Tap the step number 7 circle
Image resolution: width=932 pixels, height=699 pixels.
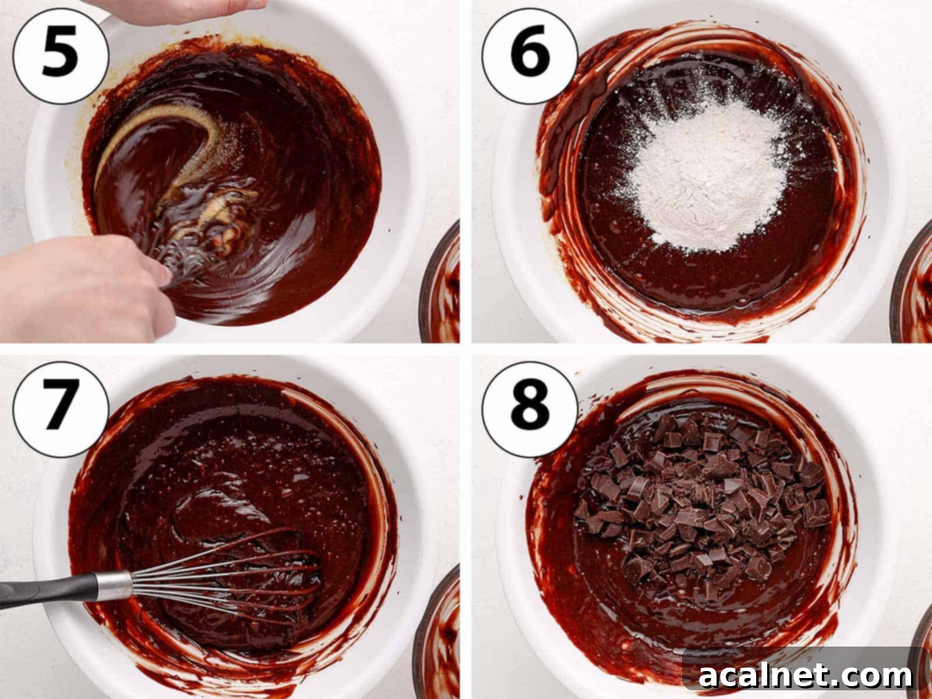pos(61,404)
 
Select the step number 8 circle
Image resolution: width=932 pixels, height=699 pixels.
pos(529,404)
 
